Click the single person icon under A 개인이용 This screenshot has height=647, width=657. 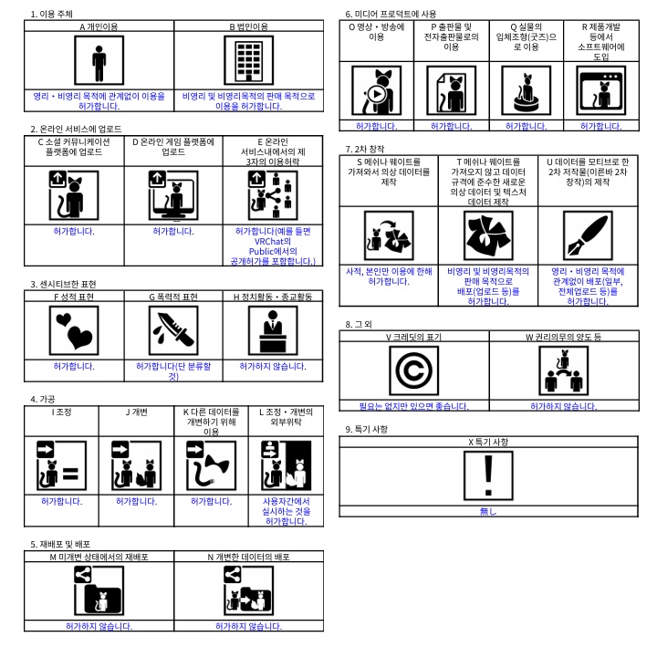tap(99, 60)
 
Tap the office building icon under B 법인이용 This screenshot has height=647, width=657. tap(249, 60)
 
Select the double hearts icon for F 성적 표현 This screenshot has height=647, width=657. tap(74, 330)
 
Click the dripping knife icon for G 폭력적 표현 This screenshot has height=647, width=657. tap(173, 330)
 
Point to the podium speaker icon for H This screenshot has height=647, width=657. tap(273, 330)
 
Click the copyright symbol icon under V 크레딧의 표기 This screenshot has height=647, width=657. tap(414, 370)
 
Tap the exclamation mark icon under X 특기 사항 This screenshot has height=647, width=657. tap(488, 475)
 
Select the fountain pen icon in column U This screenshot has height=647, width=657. tap(588, 235)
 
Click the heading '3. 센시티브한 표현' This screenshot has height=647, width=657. tap(63, 284)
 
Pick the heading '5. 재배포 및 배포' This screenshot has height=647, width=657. tap(60, 544)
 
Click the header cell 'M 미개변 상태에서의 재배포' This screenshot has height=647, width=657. tap(99, 557)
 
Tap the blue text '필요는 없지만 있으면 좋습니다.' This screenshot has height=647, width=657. tap(414, 406)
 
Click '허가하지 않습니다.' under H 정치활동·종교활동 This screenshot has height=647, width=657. tap(273, 366)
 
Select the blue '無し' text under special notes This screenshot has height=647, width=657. tap(488, 511)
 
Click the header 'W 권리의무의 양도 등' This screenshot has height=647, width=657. tap(564, 337)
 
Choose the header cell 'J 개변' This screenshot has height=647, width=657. tap(137, 412)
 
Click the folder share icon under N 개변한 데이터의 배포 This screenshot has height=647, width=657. tap(249, 590)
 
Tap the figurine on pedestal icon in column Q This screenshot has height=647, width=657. tap(527, 90)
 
